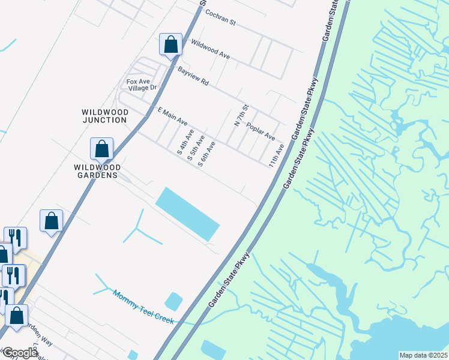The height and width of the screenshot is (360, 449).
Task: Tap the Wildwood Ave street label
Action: tap(210, 49)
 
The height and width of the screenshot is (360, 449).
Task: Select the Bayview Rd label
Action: tap(193, 76)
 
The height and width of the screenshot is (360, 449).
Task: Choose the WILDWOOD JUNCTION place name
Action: tap(105, 116)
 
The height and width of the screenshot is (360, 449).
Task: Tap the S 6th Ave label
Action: tap(206, 154)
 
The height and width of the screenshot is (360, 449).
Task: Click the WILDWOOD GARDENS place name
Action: tap(97, 171)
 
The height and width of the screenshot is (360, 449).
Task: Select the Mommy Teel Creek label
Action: tap(143, 307)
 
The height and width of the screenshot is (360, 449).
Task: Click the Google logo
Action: tap(20, 353)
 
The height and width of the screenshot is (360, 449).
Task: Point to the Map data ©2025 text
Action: tap(423, 355)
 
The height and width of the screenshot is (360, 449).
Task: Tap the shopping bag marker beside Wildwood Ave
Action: tap(171, 44)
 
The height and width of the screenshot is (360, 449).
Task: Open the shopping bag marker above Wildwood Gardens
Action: tap(102, 149)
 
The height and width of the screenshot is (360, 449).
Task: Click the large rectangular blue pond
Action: tap(187, 213)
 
